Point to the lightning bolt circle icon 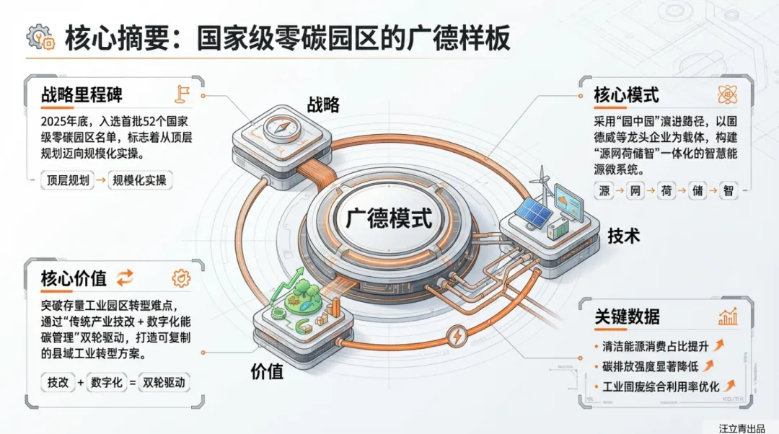point(457,337)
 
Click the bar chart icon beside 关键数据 point(726,316)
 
